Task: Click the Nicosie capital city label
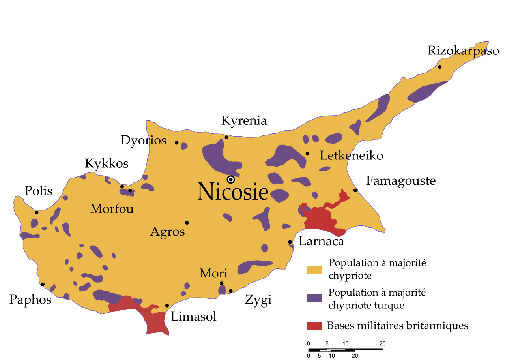tap(233, 192)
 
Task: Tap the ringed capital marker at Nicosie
tap(231, 180)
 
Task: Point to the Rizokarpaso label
tap(463, 51)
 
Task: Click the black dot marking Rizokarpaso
tap(440, 67)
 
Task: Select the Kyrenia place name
tap(244, 121)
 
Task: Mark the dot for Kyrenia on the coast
tap(226, 137)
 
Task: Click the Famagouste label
tap(400, 181)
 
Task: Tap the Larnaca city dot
tap(290, 242)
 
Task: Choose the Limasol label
tap(193, 317)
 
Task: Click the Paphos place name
tap(30, 300)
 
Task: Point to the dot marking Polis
tap(37, 212)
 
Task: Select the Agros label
tap(167, 232)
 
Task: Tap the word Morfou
tap(112, 209)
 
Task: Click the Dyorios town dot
tap(177, 143)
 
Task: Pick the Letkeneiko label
tap(351, 156)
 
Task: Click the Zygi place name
tap(258, 300)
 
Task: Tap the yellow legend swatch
tap(314, 269)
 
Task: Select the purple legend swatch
tap(314, 299)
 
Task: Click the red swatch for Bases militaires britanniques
tap(314, 326)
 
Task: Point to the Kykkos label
tap(107, 164)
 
